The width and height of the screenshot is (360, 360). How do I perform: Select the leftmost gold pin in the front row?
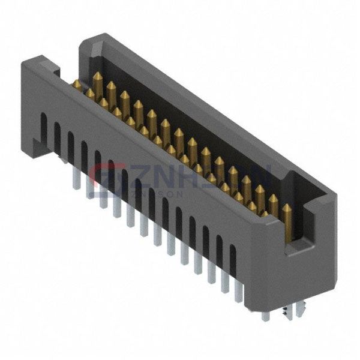(77, 86)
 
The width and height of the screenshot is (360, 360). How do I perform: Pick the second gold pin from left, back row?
(111, 89)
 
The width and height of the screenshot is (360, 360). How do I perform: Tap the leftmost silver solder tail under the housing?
(76, 178)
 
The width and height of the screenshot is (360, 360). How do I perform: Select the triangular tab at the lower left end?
(38, 144)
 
